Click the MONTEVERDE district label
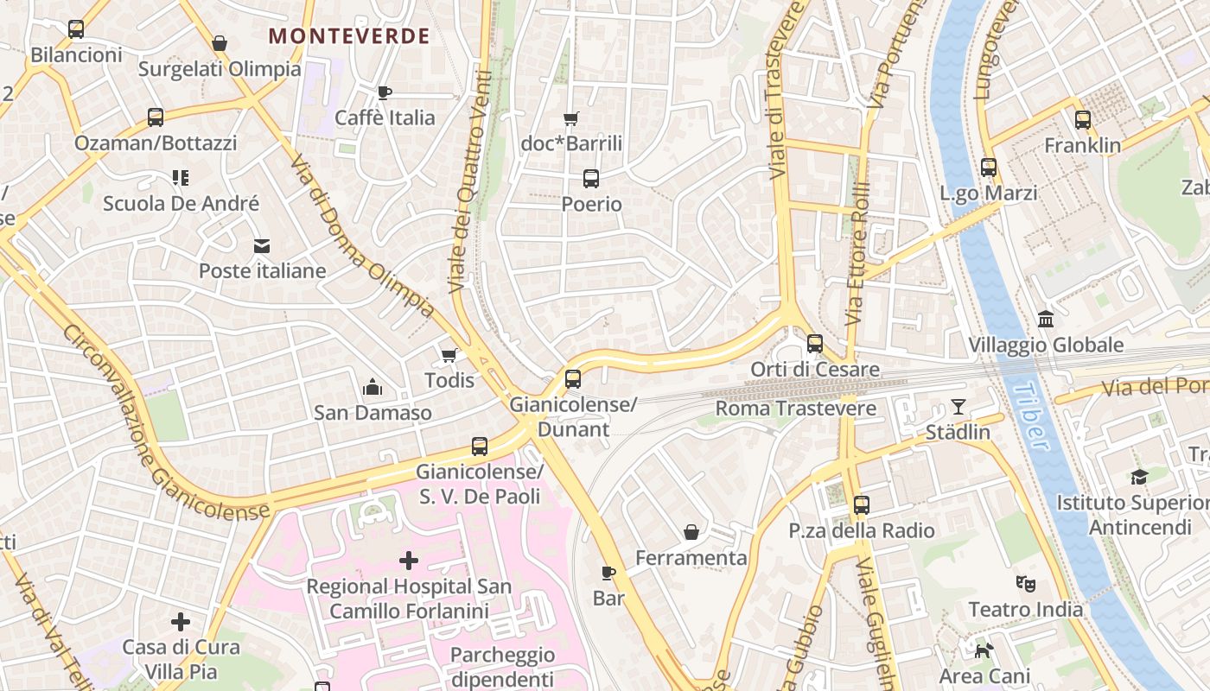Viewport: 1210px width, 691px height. pyautogui.click(x=349, y=36)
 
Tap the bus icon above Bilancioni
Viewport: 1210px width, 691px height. pyautogui.click(x=76, y=29)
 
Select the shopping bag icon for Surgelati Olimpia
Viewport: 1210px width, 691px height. pyautogui.click(x=220, y=43)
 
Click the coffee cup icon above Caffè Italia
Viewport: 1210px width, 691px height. pyautogui.click(x=385, y=92)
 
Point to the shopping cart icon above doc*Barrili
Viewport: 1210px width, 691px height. pyautogui.click(x=570, y=118)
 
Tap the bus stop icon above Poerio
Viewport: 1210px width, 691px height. pyautogui.click(x=591, y=179)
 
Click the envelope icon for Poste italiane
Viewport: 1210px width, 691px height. pyautogui.click(x=262, y=246)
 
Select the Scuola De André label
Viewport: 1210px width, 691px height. pyautogui.click(x=181, y=204)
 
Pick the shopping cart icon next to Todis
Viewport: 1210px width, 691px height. pyautogui.click(x=449, y=355)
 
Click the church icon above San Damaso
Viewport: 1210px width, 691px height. pyautogui.click(x=373, y=386)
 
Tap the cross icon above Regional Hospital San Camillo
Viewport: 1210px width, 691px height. pyautogui.click(x=409, y=561)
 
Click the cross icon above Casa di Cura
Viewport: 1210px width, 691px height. pyautogui.click(x=181, y=622)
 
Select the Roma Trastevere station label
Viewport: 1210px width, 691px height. pyautogui.click(x=796, y=408)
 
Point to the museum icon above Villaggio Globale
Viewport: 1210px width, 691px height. pyautogui.click(x=1046, y=320)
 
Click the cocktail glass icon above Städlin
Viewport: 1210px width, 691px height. pyautogui.click(x=958, y=406)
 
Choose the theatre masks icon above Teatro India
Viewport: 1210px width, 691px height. pyautogui.click(x=1026, y=583)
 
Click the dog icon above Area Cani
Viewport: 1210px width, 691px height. pyautogui.click(x=984, y=650)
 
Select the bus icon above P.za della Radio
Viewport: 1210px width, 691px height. pyautogui.click(x=861, y=505)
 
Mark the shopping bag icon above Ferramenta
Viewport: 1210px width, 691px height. pyautogui.click(x=691, y=532)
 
